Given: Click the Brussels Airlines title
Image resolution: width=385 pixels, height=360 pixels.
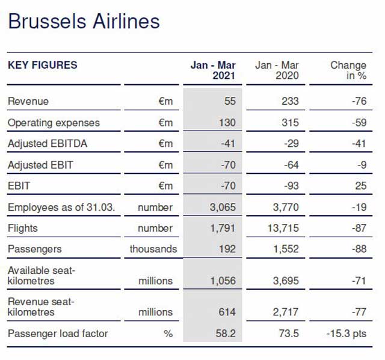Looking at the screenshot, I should coord(84,22).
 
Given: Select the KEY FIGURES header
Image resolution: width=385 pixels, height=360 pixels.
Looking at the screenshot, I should coord(42,65).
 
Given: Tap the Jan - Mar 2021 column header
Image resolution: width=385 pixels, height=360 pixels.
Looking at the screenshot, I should coord(213,71).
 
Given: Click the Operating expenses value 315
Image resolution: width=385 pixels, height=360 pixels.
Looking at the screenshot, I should coord(290,123).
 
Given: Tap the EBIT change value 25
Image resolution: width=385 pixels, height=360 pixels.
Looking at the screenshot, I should coord(360,186).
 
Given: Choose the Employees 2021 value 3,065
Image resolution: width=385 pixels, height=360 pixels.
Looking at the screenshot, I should coord(223,207).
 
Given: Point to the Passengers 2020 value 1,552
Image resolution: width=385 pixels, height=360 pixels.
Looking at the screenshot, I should coord(286,249).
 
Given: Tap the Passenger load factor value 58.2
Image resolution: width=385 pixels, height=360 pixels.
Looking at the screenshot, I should coord(226,334).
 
